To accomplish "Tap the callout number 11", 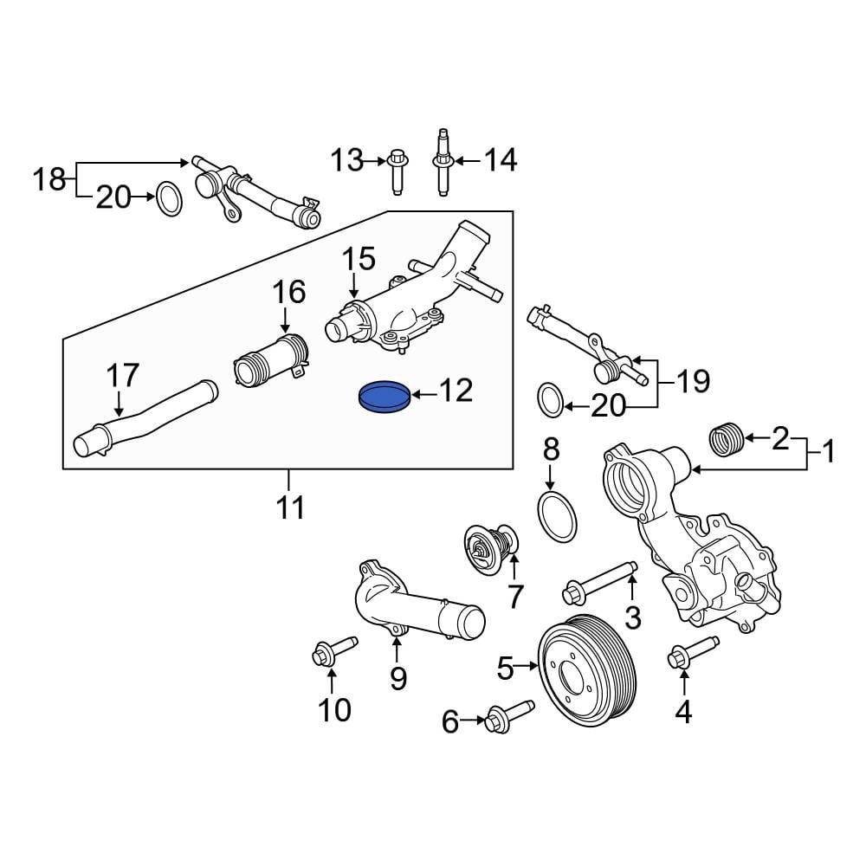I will (x=290, y=507).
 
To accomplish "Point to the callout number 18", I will (x=49, y=180).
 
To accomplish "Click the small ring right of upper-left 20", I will (x=169, y=199).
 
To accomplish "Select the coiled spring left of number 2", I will (x=727, y=438).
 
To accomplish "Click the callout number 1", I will (x=828, y=451).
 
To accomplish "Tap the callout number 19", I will (x=692, y=381).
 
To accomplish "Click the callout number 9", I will (x=397, y=678).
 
